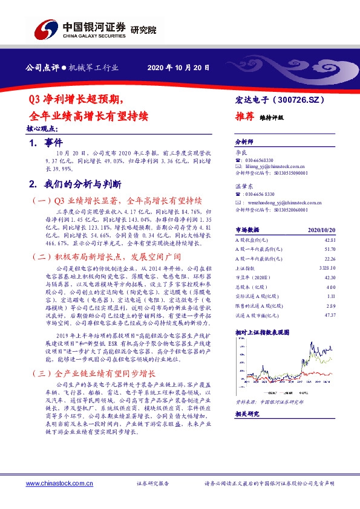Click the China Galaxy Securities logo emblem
[x=45, y=28]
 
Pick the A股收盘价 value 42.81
[x=330, y=240]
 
